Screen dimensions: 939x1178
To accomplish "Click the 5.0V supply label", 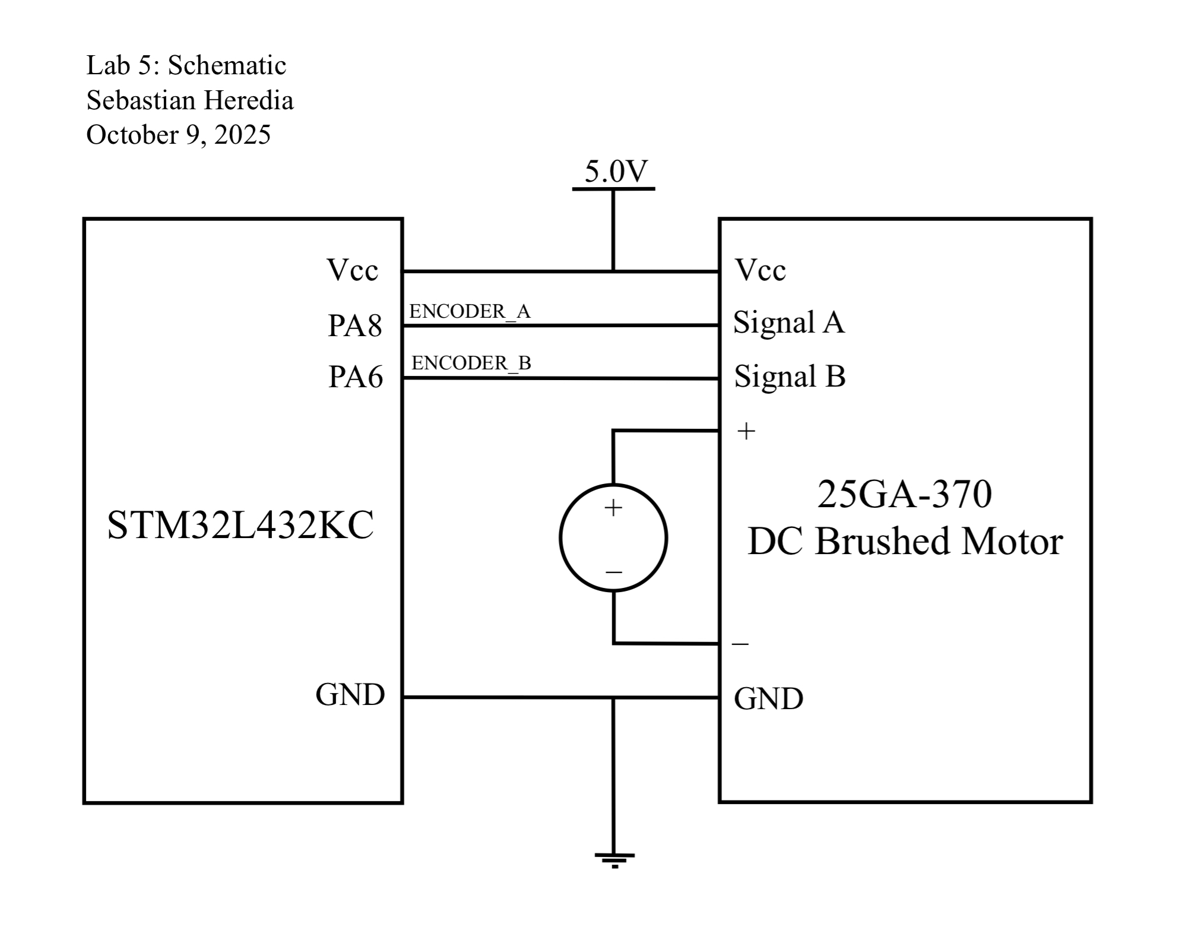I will point(616,172).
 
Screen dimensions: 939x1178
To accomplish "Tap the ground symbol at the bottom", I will point(615,860).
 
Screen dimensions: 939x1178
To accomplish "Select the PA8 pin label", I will point(355,326).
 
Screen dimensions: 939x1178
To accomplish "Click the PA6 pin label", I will point(356,377).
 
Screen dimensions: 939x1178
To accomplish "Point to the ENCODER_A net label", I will point(469,312).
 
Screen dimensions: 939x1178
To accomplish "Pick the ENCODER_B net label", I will point(471,363).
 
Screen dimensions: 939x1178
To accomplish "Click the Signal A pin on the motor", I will point(788,323).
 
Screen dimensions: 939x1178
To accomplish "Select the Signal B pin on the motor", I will point(790,377).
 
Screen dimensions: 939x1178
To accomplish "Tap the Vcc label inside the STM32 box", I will point(352,270).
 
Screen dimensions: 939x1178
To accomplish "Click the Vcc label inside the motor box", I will point(761,270).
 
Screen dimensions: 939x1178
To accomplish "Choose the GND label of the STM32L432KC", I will point(350,694).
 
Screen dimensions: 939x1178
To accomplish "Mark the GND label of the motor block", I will point(768,699).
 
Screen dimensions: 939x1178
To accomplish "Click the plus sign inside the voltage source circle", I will point(613,508).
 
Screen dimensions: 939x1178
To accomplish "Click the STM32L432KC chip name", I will point(240,525).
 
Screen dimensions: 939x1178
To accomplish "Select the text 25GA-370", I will point(904,494).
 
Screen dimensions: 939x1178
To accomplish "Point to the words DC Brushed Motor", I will point(905,542).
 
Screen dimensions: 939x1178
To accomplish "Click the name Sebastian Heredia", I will point(190,100).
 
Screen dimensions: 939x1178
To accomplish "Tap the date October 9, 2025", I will point(178,135).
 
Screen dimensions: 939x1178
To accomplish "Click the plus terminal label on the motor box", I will point(746,431).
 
